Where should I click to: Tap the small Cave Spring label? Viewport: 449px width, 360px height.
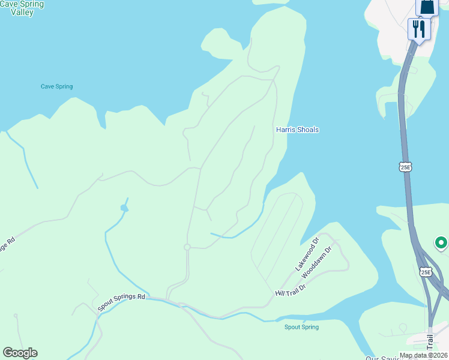tap(56, 86)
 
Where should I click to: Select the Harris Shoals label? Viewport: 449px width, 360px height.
tap(297, 130)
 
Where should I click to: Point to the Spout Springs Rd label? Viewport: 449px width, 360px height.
tap(122, 303)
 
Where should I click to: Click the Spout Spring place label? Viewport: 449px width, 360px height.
tap(301, 327)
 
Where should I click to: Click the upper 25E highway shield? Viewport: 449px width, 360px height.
tap(406, 166)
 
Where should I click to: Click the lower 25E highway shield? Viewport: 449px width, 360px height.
tap(426, 272)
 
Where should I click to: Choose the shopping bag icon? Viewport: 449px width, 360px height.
tap(427, 7)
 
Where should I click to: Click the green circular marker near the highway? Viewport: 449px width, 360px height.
tap(441, 243)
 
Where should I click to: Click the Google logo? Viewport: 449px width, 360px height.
tap(20, 353)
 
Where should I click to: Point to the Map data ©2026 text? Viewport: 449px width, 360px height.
tap(423, 355)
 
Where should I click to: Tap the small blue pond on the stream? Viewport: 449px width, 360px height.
tap(124, 208)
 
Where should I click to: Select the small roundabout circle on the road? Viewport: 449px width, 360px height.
tap(187, 247)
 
